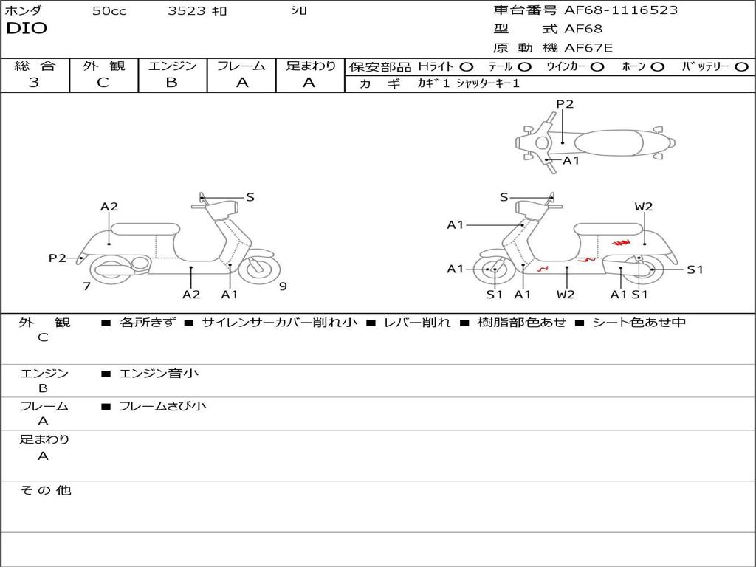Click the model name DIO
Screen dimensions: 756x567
click(27, 29)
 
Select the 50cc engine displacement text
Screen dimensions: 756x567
click(109, 11)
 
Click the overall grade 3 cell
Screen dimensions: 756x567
click(34, 83)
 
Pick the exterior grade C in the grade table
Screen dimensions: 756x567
click(103, 83)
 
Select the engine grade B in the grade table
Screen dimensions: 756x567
click(171, 83)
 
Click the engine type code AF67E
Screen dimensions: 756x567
click(588, 49)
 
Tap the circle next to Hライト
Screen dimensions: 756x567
click(467, 66)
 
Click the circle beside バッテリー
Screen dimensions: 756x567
click(742, 66)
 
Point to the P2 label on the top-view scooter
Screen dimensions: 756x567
click(565, 104)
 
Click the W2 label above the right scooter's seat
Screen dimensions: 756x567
click(644, 207)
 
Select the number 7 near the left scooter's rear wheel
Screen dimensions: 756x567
click(86, 286)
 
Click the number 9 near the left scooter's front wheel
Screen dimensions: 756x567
click(283, 286)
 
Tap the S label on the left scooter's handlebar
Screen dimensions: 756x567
click(250, 197)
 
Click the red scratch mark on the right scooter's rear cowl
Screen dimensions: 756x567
click(621, 242)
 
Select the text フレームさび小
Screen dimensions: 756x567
click(162, 406)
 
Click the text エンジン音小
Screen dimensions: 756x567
click(159, 374)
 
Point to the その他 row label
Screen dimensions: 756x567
click(45, 490)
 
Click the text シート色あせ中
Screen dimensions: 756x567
click(639, 323)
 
